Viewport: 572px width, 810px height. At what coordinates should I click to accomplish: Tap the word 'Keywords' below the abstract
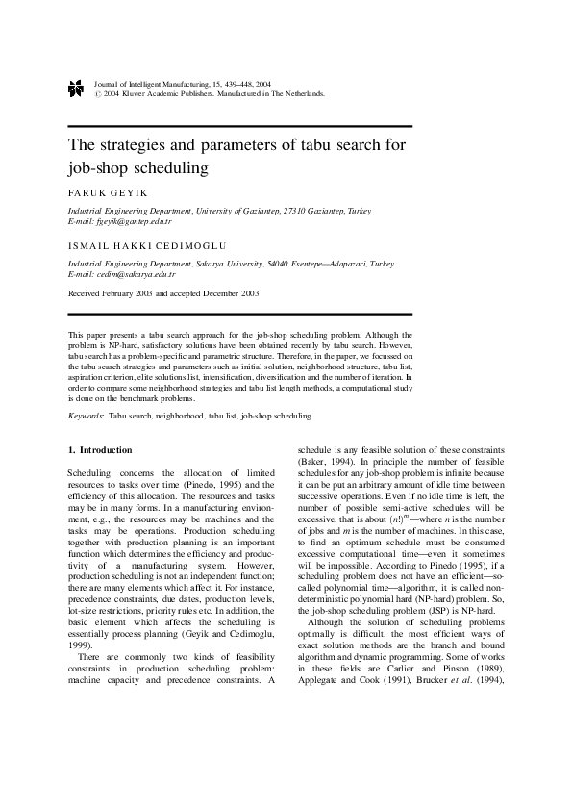pyautogui.click(x=86, y=416)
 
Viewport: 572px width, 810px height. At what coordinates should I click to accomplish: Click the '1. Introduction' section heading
pyautogui.click(x=100, y=449)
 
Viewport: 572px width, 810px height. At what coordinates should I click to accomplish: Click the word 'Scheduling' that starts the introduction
pyautogui.click(x=89, y=474)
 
